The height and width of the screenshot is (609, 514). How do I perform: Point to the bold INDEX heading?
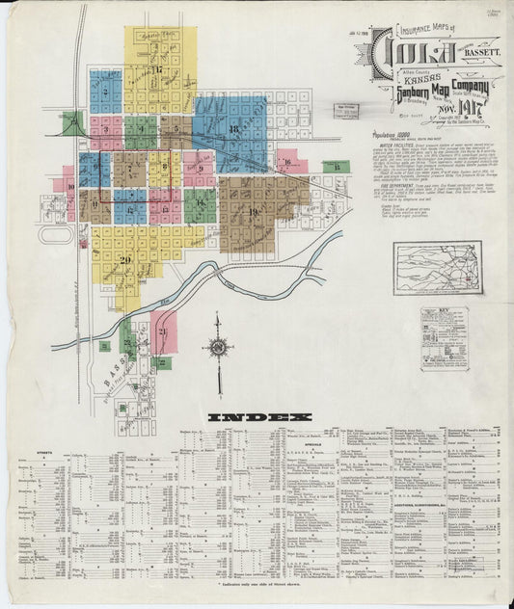tap(259, 417)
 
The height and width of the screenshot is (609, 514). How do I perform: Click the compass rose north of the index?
tap(218, 348)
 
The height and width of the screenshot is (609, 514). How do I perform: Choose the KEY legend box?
tap(444, 338)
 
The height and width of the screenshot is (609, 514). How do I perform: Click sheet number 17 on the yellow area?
tap(155, 69)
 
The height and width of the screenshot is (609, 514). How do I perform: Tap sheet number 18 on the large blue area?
tap(233, 128)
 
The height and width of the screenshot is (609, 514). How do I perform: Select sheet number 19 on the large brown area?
tap(254, 211)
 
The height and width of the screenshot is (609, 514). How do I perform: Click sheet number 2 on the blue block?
tap(103, 93)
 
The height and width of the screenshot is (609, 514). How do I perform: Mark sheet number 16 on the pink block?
tap(289, 161)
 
